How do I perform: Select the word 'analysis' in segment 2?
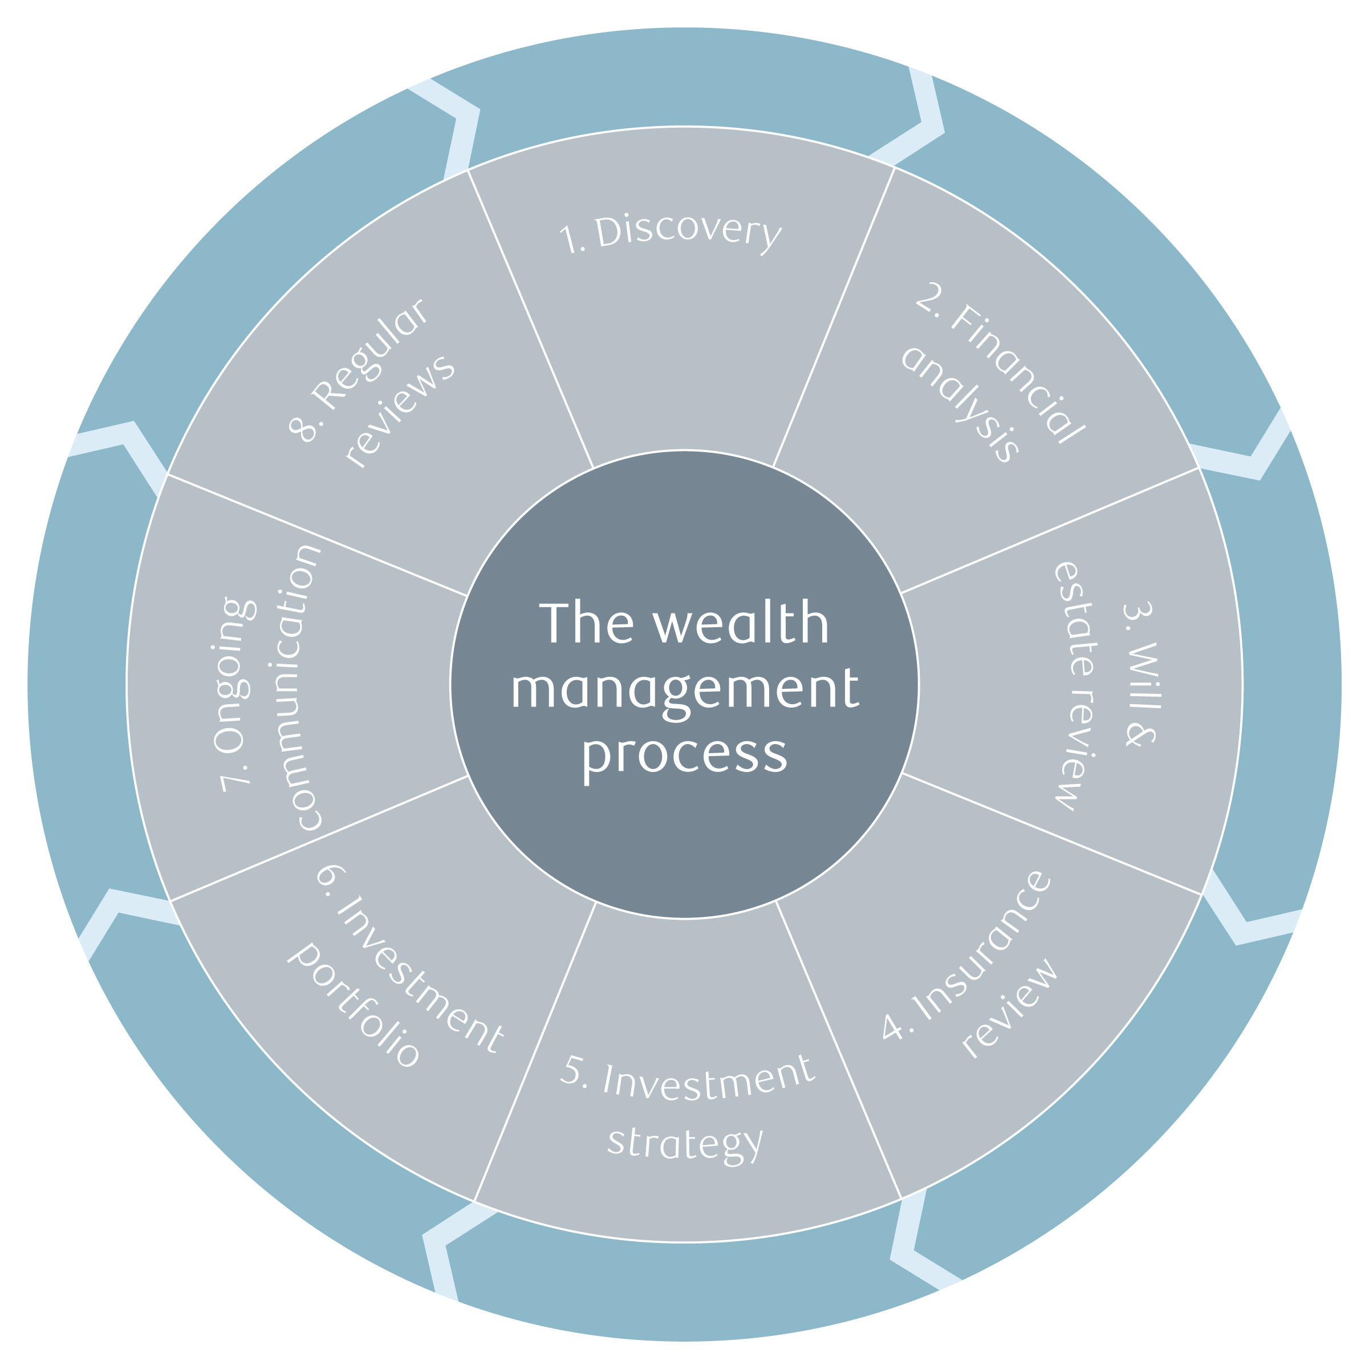[x=960, y=404]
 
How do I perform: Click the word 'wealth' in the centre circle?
[x=741, y=624]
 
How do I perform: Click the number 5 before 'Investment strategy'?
[x=572, y=1069]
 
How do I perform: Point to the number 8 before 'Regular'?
[x=302, y=429]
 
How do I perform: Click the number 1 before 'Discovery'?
[x=569, y=239]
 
